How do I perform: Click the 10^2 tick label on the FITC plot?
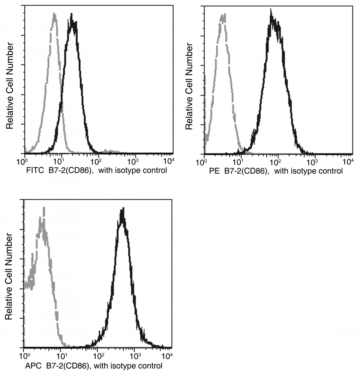pyautogui.click(x=97, y=161)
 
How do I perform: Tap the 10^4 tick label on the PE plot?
pyautogui.click(x=348, y=161)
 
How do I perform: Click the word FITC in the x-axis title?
pyautogui.click(x=33, y=171)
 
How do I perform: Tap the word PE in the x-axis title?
pyautogui.click(x=209, y=172)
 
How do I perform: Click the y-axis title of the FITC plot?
pyautogui.click(x=10, y=86)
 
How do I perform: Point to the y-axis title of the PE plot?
pyautogui.click(x=190, y=86)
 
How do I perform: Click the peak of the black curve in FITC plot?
pyautogui.click(x=72, y=15)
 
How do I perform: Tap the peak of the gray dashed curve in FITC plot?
pyautogui.click(x=55, y=14)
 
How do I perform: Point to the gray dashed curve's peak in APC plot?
pyautogui.click(x=43, y=207)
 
